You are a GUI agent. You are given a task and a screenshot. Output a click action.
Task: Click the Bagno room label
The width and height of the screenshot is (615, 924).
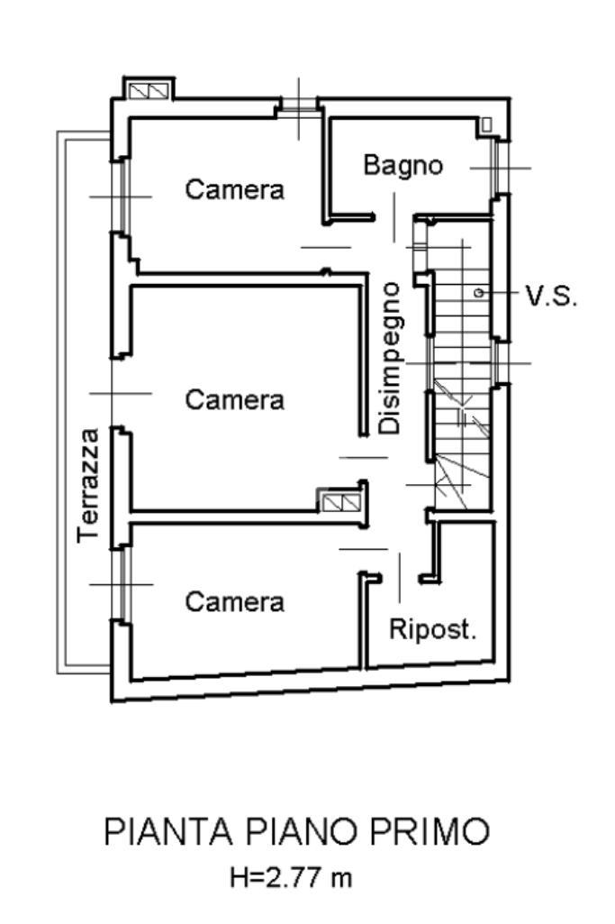coord(403,166)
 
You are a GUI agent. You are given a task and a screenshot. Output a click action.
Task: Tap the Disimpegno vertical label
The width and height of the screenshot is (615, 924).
coord(390,358)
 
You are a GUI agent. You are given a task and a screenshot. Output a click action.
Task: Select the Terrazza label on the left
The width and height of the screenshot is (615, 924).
coord(88,484)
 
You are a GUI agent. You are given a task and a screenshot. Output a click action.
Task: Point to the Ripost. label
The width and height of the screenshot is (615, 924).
coord(432,629)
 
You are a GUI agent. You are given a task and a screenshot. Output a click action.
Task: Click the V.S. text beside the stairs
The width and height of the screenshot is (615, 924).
coord(551,296)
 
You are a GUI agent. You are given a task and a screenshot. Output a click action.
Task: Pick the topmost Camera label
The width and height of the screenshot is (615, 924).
coord(234,190)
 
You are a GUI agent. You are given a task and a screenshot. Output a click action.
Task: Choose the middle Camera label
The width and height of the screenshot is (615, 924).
coord(234,399)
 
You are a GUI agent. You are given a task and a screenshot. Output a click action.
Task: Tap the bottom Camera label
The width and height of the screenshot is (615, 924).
coord(234,601)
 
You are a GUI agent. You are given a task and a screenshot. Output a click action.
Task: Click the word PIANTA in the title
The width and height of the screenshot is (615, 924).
coord(158,831)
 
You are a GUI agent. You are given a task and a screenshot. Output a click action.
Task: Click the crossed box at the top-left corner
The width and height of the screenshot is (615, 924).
coord(146,91)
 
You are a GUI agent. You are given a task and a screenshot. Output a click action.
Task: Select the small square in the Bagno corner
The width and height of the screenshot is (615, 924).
coord(486,124)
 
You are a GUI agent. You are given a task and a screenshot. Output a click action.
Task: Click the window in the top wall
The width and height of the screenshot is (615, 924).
coord(298,107)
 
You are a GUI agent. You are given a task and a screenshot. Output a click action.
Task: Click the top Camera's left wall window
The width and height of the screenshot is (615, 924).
coord(118,197)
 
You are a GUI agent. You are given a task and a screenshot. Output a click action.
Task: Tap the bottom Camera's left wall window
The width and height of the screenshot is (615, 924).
coord(118,584)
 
